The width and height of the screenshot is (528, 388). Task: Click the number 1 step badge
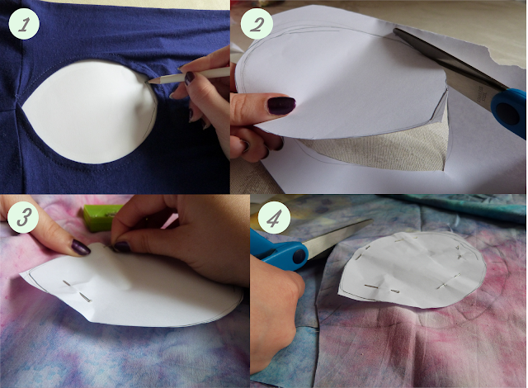coord(24,24)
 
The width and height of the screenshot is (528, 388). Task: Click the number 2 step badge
coord(257,24)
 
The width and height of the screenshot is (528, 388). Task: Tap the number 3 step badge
coord(24,217)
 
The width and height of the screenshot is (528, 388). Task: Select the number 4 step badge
coord(274,219)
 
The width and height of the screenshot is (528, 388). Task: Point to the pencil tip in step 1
coord(147,82)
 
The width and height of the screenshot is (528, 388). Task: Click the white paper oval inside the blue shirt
coord(90,112)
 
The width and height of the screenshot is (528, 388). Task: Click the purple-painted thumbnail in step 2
coord(280,106)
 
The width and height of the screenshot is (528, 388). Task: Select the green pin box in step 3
coord(101,218)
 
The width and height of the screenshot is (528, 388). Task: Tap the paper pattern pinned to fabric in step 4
coord(412,269)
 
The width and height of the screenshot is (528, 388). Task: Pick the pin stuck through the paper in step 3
coord(77,290)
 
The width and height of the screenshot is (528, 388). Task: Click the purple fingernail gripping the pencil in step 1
coord(189,78)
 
